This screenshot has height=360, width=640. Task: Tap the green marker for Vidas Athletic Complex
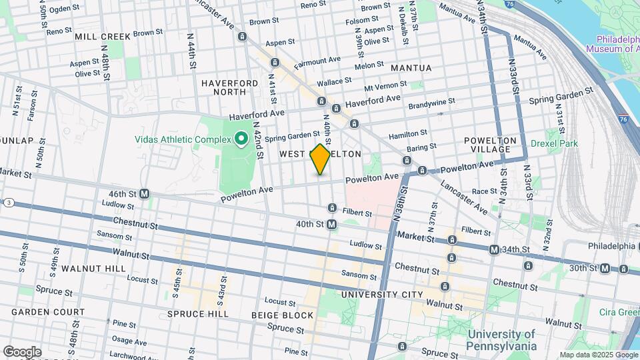pos(240,139)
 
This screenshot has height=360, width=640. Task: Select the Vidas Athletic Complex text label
pos(181,140)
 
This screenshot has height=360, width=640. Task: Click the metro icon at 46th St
pos(144,194)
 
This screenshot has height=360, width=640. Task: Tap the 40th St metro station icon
pos(331,225)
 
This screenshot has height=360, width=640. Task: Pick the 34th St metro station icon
pos(494,249)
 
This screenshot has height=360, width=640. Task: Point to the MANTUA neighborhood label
pos(411,68)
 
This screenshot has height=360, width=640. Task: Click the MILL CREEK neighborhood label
pos(103,36)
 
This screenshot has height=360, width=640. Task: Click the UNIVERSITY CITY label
pos(381,294)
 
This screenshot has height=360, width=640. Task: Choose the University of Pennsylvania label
pos(502,340)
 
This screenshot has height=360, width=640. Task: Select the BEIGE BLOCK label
pos(282,315)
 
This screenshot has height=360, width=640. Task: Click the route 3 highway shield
pos(9,202)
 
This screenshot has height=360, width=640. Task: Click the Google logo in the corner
pos(21,351)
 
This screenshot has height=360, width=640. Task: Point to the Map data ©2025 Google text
pos(598,355)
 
